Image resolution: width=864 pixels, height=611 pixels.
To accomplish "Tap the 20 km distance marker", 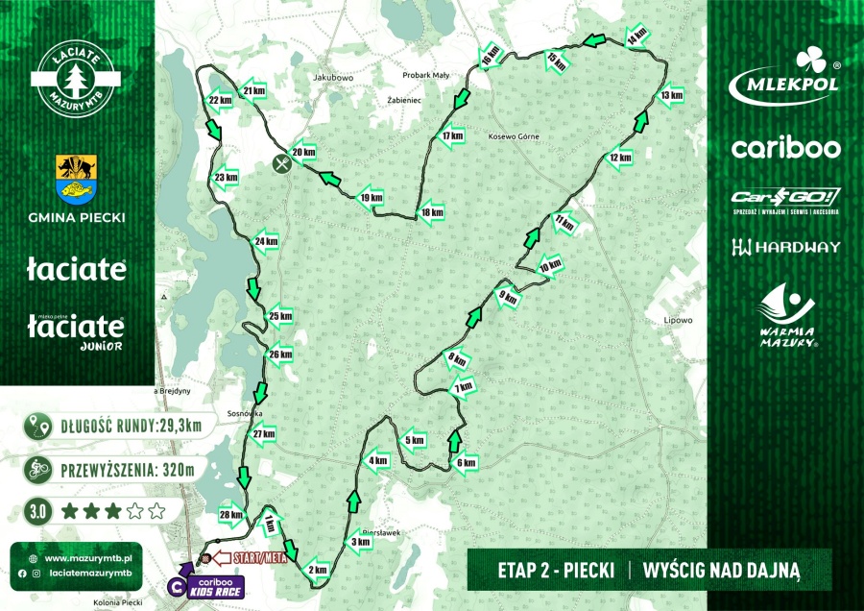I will click(x=303, y=152).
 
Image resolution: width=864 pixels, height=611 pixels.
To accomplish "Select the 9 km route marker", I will click(x=508, y=299).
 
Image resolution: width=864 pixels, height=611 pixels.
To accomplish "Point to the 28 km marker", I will click(x=230, y=516).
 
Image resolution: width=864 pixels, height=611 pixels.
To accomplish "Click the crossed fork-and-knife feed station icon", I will click(x=280, y=163).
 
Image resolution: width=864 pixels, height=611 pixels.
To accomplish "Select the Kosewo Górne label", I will click(x=509, y=136).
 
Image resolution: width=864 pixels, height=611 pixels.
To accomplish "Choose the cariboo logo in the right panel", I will click(x=785, y=148).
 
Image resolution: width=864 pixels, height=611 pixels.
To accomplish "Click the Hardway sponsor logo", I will click(x=785, y=247).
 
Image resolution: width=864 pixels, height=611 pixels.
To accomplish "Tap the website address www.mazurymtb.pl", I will click(x=93, y=557).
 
